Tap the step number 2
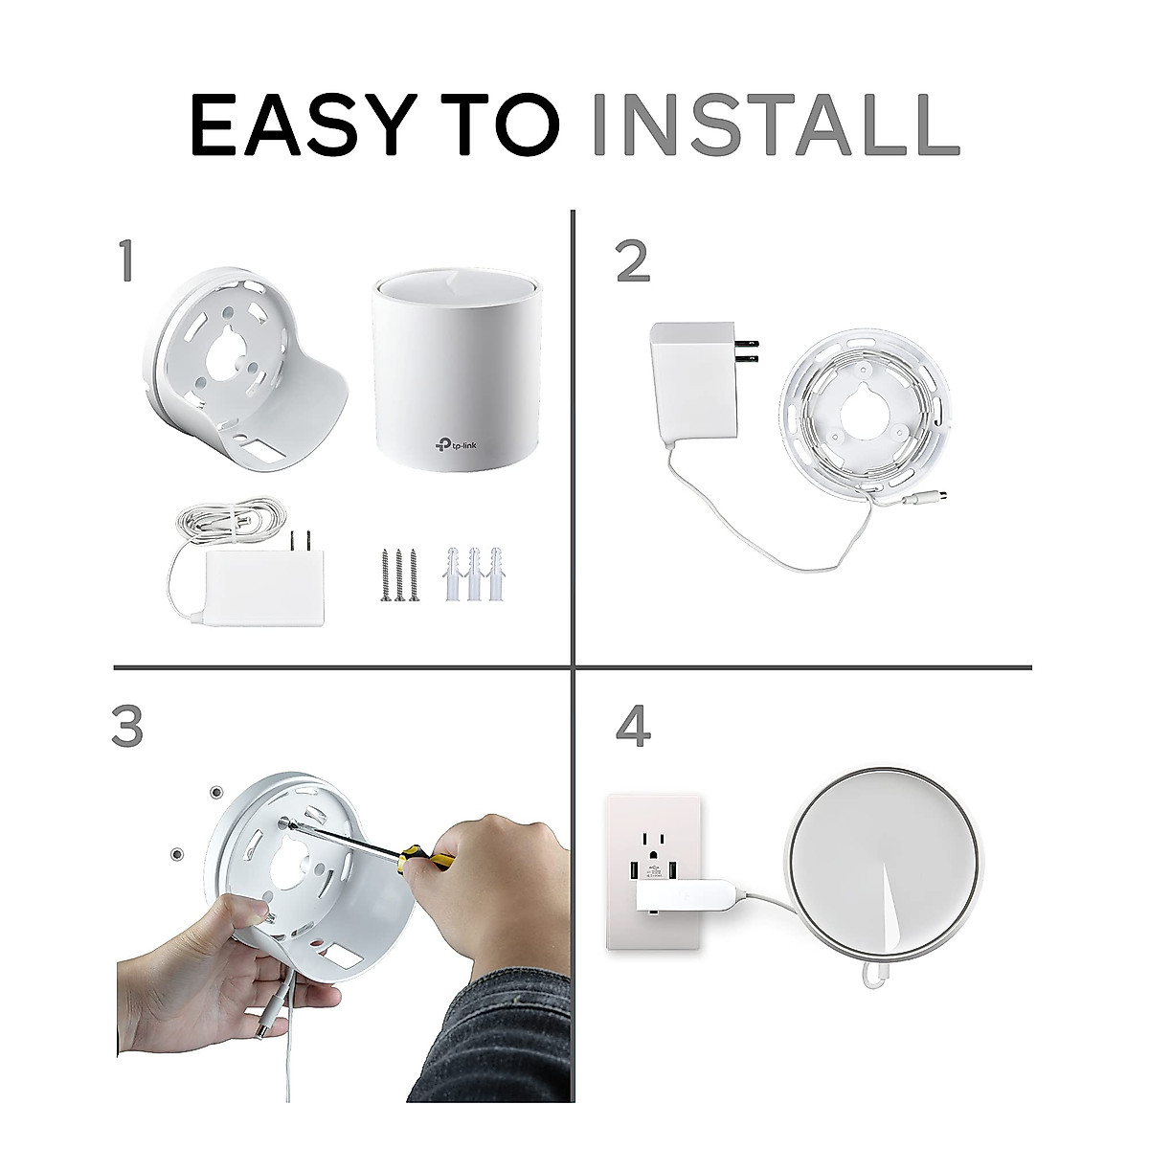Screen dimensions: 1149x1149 click(633, 261)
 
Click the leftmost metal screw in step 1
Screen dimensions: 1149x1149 click(385, 574)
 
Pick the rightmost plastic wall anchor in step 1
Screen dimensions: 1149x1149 click(495, 574)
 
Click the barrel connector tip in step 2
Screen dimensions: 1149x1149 click(919, 501)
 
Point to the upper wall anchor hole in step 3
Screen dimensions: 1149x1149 click(216, 793)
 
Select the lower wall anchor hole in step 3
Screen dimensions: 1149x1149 click(176, 851)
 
